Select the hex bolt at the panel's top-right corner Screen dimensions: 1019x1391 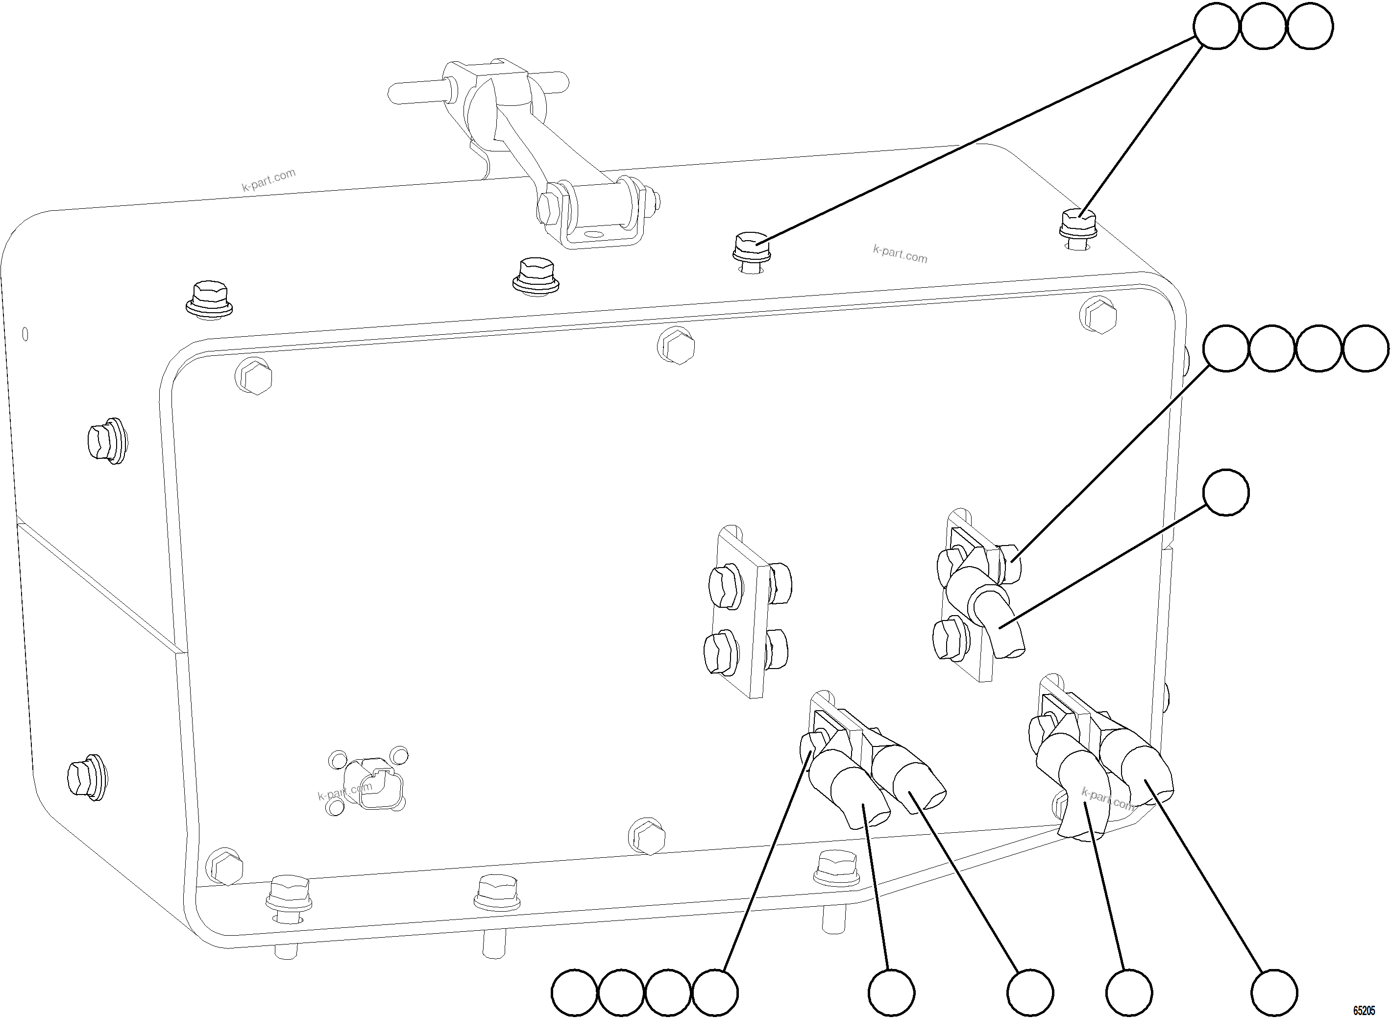(1099, 316)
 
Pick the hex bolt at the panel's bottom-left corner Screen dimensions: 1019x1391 (223, 866)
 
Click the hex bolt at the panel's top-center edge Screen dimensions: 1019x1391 (677, 346)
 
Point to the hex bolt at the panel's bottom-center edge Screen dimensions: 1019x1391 (647, 835)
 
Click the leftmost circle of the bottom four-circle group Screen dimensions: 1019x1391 (574, 994)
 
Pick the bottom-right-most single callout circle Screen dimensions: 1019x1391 (1274, 994)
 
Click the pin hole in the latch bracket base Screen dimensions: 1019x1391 (593, 235)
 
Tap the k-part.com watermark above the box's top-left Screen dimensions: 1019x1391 (269, 180)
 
